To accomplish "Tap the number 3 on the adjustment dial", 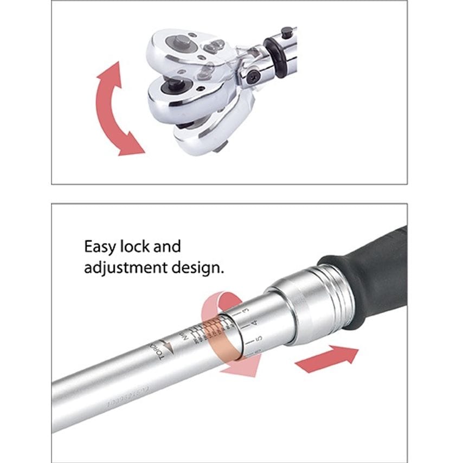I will [246, 311].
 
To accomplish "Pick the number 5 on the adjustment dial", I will [259, 338].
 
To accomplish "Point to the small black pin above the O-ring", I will [287, 31].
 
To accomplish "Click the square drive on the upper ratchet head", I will [182, 41].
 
